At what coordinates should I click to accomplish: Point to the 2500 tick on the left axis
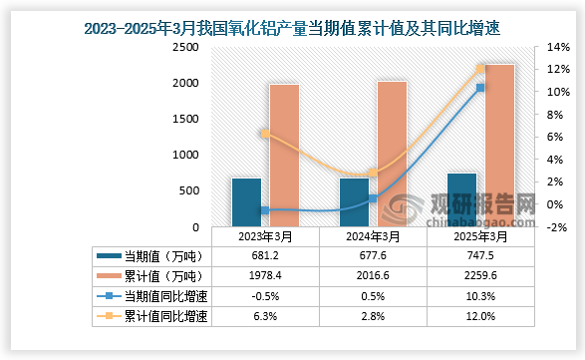click(184, 47)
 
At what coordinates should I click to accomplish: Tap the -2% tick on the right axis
click(558, 226)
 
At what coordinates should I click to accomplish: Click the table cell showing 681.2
click(265, 256)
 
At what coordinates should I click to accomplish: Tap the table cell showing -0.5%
click(265, 296)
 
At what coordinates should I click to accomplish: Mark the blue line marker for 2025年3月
click(480, 88)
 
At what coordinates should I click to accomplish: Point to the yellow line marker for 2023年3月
click(264, 133)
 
